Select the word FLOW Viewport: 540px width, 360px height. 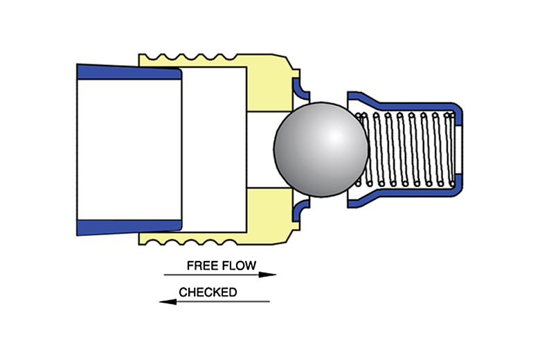point(240,265)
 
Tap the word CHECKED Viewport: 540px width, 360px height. point(208,292)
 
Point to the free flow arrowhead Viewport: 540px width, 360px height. point(271,275)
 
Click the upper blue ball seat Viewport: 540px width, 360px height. point(300,89)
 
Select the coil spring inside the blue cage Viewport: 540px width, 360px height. point(408,149)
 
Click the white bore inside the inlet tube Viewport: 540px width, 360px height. point(128,149)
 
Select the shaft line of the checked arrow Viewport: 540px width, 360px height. point(222,301)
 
